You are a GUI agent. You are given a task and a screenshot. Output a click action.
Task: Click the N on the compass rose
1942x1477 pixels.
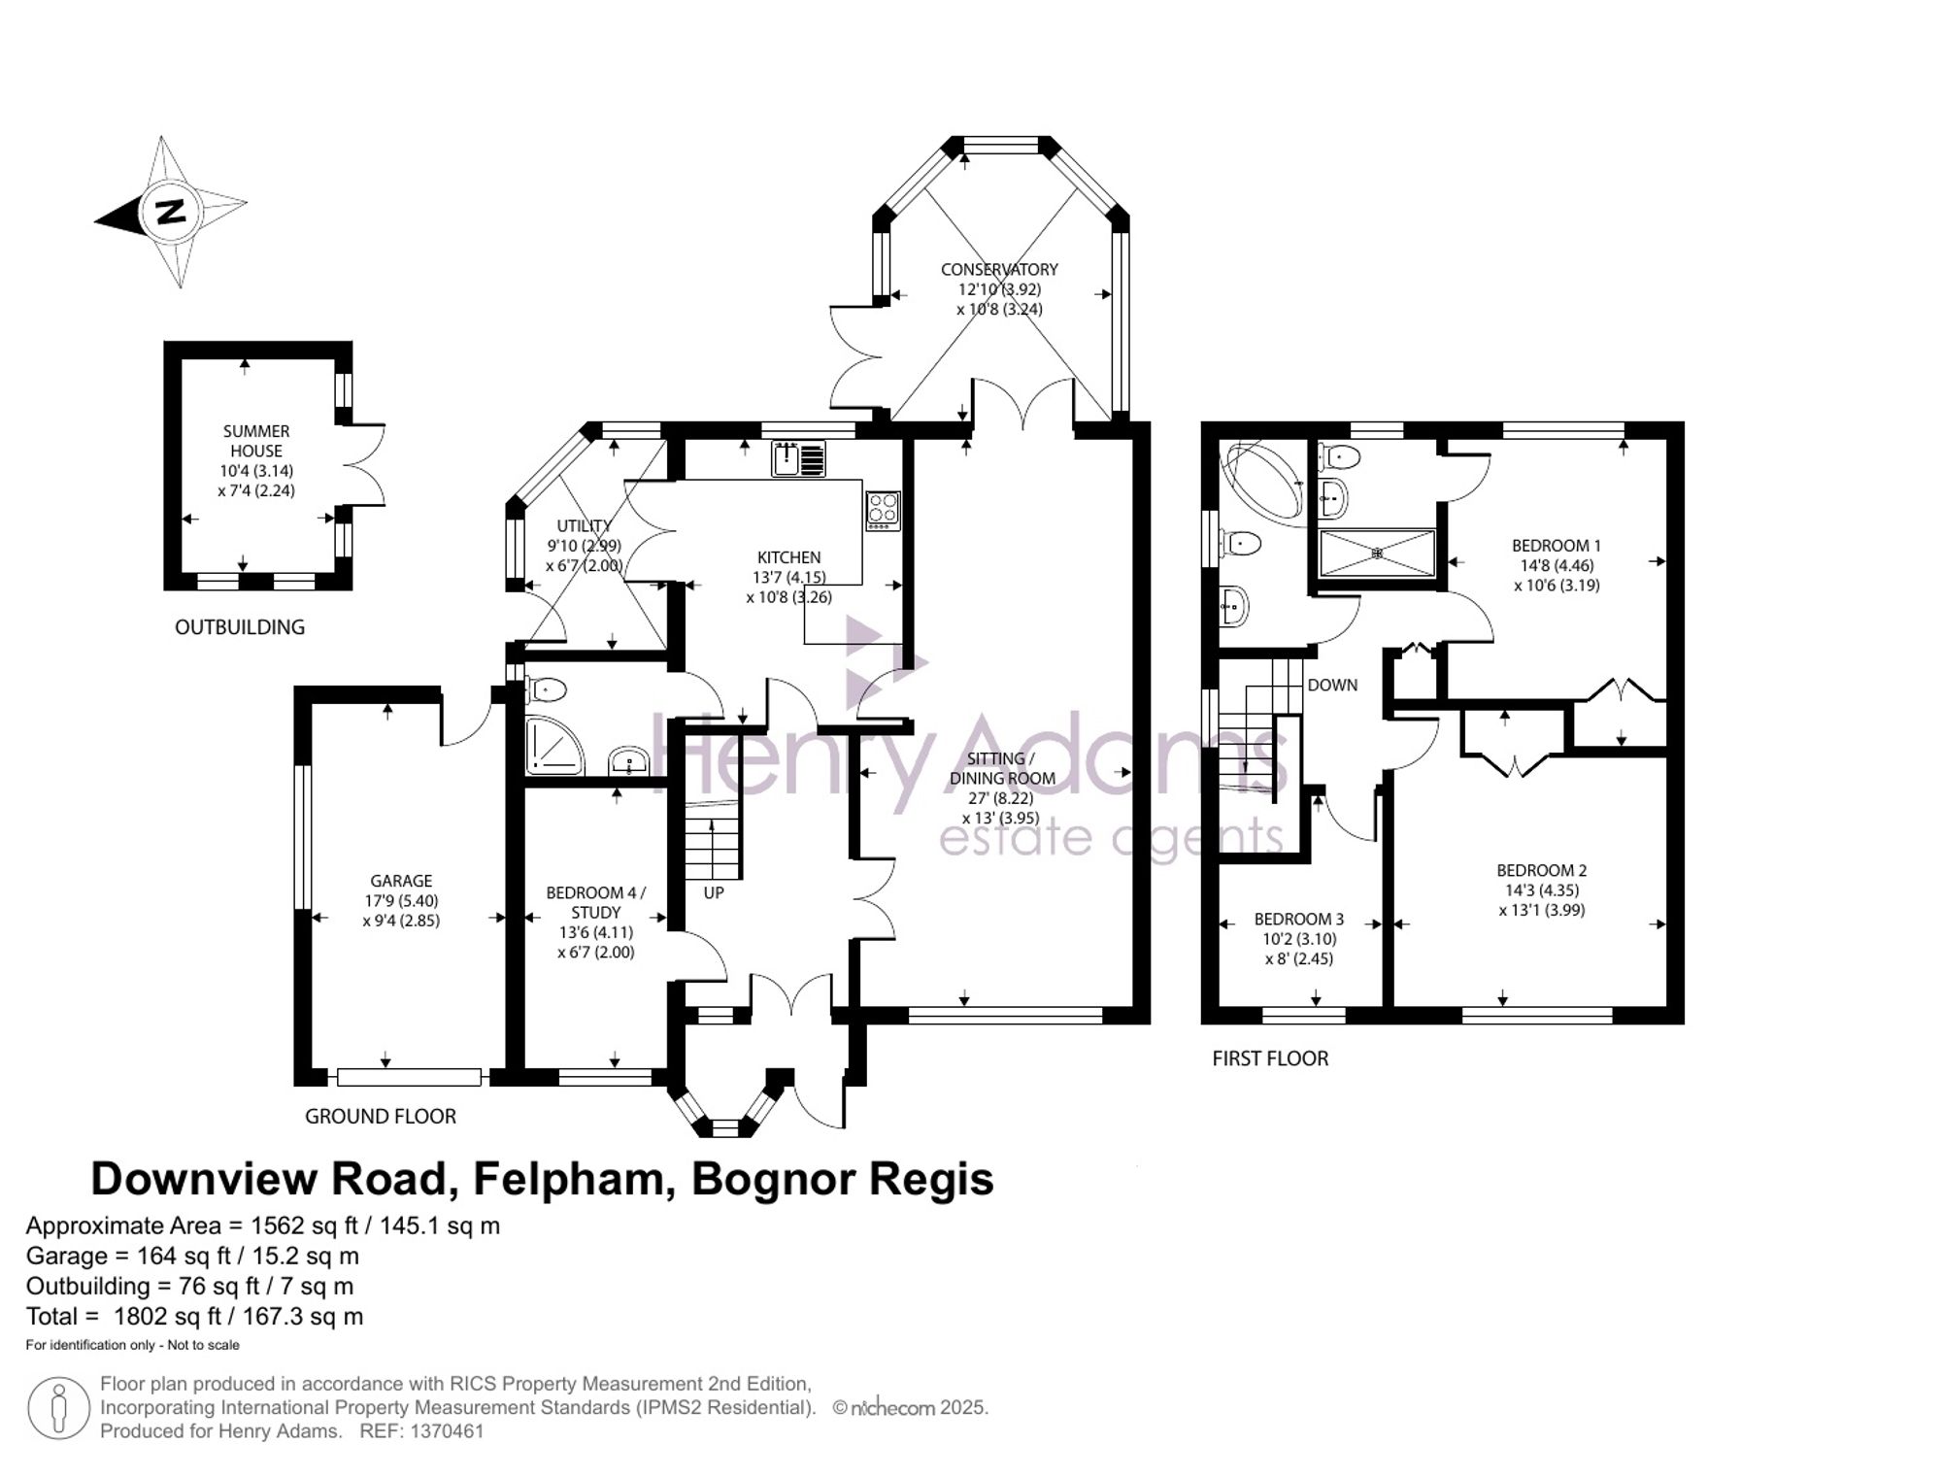pyautogui.click(x=171, y=212)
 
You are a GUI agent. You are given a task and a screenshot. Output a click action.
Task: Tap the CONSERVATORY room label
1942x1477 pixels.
pyautogui.click(x=999, y=269)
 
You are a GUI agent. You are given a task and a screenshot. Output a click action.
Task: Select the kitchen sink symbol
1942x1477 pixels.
pyautogui.click(x=798, y=458)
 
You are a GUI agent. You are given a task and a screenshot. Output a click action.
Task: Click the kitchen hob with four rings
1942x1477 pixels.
pyautogui.click(x=883, y=509)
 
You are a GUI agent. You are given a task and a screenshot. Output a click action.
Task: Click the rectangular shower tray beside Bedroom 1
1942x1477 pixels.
pyautogui.click(x=1377, y=553)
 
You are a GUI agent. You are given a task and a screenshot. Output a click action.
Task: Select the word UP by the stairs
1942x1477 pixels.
pyautogui.click(x=714, y=892)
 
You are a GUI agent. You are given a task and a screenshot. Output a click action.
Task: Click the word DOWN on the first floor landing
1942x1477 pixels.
pyautogui.click(x=1332, y=685)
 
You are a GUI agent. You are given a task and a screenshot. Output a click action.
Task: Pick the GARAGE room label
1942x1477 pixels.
pyautogui.click(x=401, y=881)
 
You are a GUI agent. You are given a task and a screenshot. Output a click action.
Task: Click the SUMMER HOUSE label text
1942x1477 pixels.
pyautogui.click(x=256, y=441)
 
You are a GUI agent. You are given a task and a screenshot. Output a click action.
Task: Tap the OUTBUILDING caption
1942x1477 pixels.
pyautogui.click(x=240, y=627)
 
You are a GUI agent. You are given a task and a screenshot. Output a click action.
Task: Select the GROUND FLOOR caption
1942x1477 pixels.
pyautogui.click(x=381, y=1117)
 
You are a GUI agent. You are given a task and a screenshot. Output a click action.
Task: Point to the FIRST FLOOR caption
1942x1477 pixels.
pyautogui.click(x=1270, y=1058)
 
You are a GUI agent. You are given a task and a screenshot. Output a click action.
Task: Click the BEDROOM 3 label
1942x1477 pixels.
pyautogui.click(x=1299, y=919)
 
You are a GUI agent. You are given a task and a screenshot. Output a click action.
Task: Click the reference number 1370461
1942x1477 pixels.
pyautogui.click(x=448, y=1431)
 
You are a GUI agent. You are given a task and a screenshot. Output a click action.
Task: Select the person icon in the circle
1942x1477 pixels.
pyautogui.click(x=58, y=1408)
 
